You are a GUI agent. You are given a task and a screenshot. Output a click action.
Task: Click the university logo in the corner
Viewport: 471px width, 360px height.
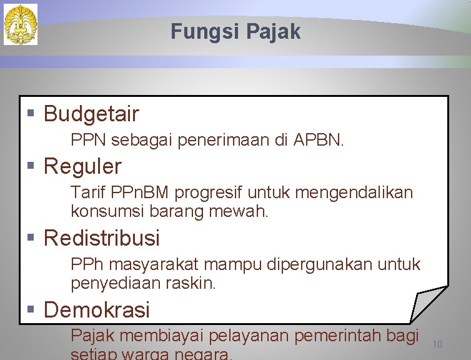pos(21,24)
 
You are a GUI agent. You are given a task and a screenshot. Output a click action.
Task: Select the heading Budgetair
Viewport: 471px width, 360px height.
pos(91,114)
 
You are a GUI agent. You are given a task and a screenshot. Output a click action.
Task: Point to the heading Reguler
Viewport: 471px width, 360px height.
pos(82,166)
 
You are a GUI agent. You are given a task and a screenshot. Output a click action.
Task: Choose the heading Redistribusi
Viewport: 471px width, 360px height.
pos(102,238)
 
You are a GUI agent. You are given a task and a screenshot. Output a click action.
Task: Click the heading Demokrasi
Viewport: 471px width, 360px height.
pos(97,309)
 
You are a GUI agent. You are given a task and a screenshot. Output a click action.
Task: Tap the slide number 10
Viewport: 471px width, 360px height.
pos(437,344)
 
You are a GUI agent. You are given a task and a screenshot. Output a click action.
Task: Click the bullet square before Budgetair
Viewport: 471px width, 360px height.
pos(31,114)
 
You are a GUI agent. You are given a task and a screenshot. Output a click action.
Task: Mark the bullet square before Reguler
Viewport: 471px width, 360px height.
pos(31,166)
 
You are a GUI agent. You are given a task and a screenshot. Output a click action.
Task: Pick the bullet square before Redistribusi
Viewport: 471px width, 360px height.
pos(31,237)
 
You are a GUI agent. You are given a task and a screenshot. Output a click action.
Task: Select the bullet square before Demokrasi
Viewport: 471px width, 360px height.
pos(31,309)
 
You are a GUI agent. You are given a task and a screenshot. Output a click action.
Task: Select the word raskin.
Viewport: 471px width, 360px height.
pos(191,283)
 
